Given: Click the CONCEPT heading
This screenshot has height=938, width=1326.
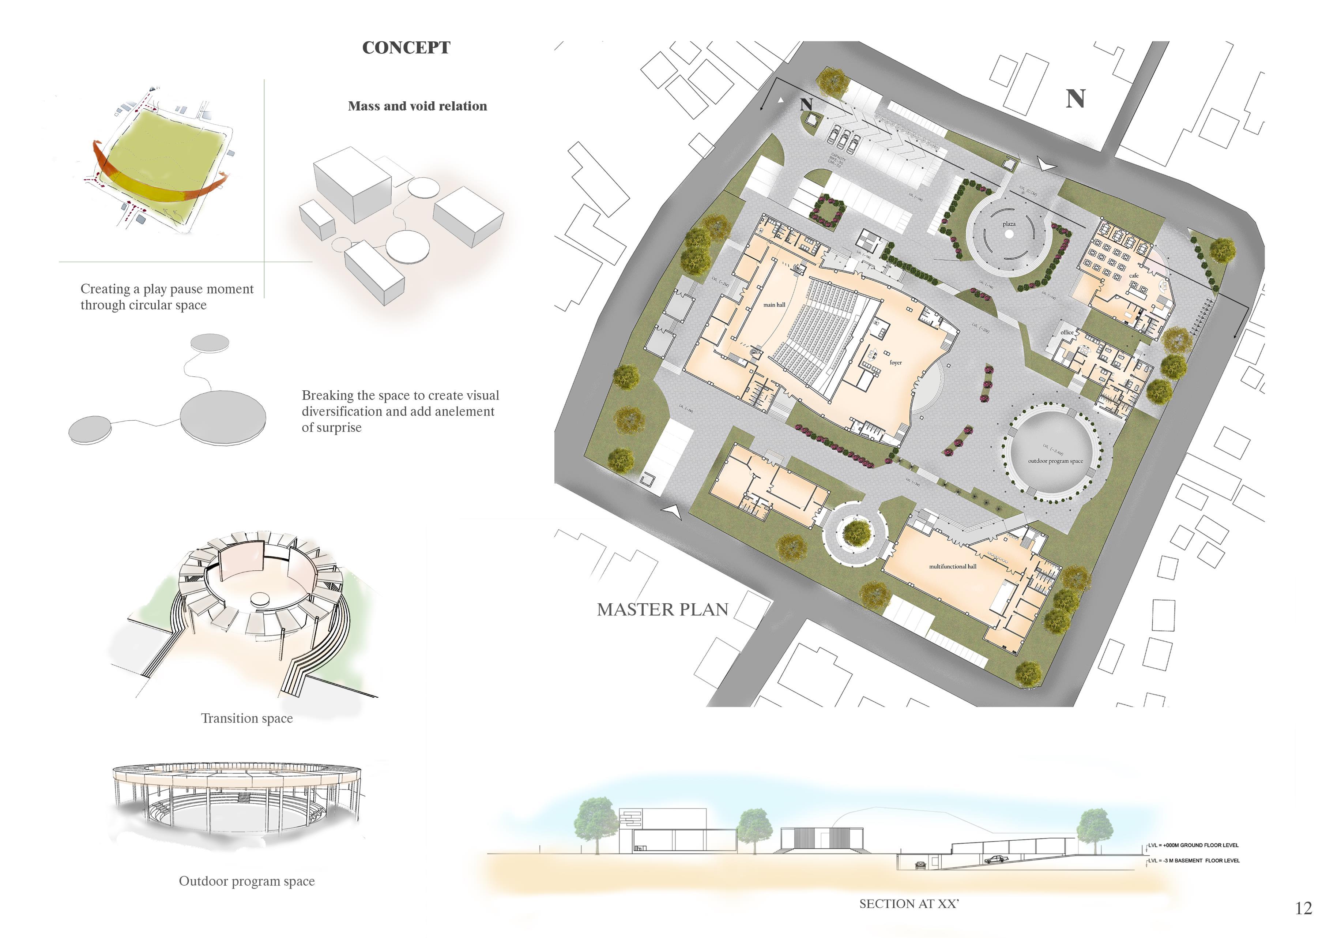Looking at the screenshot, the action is (406, 48).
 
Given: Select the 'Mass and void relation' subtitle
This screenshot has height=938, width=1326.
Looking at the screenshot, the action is (417, 106).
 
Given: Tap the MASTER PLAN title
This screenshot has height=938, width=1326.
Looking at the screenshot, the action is (662, 609).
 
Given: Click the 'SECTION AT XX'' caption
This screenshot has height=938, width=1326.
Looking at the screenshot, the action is (908, 904).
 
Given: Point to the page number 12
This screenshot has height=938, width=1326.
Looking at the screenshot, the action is (1303, 908).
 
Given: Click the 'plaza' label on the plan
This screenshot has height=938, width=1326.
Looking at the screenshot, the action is (1009, 224).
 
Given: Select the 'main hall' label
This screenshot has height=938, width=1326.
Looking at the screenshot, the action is (774, 305).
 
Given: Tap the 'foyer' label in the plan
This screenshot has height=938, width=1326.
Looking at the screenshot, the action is (895, 363).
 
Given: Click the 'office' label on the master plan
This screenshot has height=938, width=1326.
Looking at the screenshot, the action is (1067, 332).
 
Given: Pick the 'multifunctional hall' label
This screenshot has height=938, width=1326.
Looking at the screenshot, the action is (952, 567).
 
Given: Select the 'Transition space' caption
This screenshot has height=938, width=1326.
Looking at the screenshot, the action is (246, 718).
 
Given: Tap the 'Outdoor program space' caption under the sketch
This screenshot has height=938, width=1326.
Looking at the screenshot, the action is (246, 881).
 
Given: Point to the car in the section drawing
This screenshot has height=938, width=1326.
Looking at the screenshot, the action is (994, 859).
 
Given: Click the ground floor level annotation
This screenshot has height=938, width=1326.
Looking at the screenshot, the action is (1193, 845).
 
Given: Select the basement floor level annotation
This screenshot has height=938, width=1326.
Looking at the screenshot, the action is (1193, 860).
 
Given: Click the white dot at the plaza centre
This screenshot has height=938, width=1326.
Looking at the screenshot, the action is (1009, 234).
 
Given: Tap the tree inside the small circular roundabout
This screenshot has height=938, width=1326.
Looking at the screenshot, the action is (856, 533).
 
